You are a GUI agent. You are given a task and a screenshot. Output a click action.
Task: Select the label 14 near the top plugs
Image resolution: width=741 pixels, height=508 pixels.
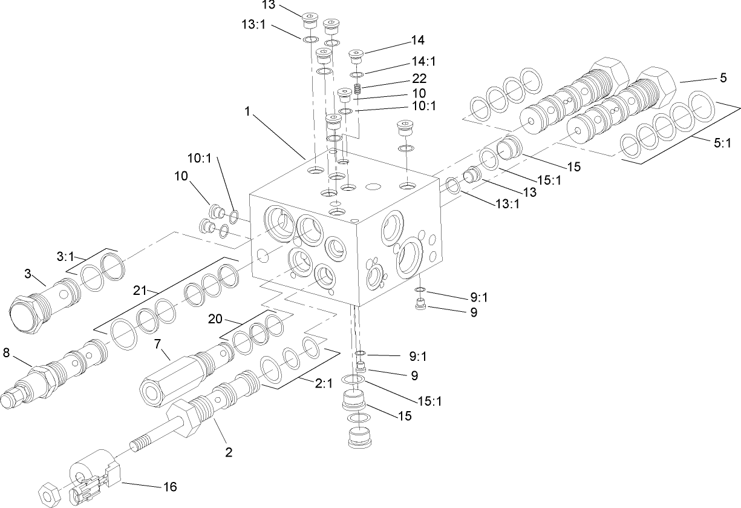click(417, 41)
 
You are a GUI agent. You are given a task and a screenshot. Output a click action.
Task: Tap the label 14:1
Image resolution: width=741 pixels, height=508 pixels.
click(423, 62)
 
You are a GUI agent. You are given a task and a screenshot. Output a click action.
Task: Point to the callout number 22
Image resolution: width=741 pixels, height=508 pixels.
click(419, 79)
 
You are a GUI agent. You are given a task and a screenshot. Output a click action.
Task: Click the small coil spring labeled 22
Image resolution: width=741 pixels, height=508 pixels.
click(359, 90)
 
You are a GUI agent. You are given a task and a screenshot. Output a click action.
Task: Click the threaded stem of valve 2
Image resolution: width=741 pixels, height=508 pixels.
click(148, 439)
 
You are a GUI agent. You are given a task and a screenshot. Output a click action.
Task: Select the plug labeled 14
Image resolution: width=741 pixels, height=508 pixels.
click(357, 57)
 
